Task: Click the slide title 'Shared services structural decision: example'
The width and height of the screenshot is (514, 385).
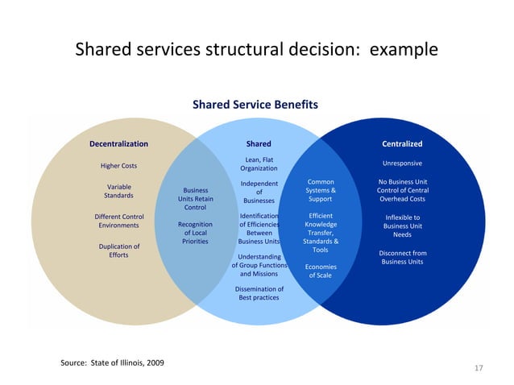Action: (256, 50)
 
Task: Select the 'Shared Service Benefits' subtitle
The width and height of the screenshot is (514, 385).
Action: (255, 105)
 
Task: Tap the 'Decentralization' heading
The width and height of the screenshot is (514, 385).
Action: (118, 144)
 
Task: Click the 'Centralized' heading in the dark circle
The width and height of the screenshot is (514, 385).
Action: (402, 144)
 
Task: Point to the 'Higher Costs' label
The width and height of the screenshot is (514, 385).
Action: (118, 166)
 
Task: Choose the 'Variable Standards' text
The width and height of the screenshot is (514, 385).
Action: (119, 191)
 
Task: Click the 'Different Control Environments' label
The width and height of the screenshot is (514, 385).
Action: (119, 221)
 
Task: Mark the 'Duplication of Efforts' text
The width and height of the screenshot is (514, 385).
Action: (119, 250)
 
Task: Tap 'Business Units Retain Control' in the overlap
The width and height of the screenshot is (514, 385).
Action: (195, 200)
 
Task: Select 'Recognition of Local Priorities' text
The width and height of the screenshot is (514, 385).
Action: (195, 233)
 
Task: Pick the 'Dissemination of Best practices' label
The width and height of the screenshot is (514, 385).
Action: (259, 293)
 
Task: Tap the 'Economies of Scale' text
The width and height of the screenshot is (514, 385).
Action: (321, 271)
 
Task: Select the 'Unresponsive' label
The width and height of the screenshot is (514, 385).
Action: (402, 164)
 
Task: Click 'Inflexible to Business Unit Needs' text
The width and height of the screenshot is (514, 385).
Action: (402, 226)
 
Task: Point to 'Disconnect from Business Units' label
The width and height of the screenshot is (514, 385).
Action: (402, 257)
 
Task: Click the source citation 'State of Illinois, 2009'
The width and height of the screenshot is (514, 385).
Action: (113, 363)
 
